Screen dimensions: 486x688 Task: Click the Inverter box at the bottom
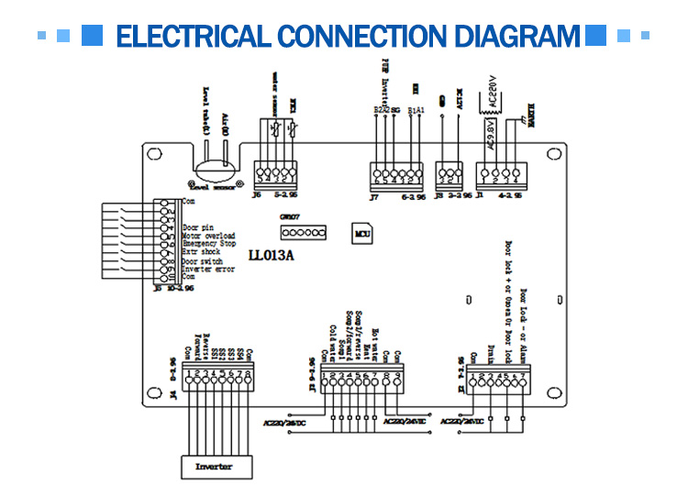tap(214, 466)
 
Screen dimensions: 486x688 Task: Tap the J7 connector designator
tap(373, 196)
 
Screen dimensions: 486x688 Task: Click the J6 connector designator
tap(256, 193)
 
